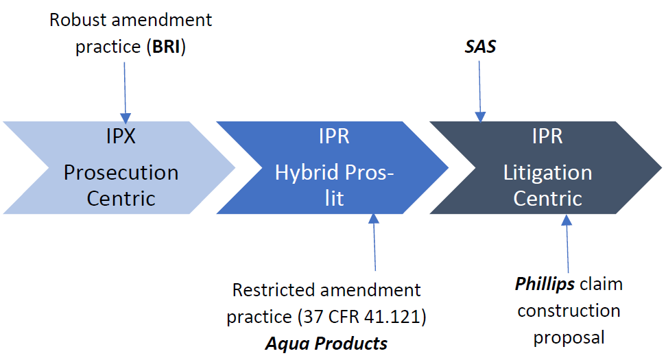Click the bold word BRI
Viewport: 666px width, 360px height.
(x=167, y=47)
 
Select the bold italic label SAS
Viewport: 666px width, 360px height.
(x=480, y=47)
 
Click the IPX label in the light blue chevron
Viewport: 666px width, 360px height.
(x=121, y=136)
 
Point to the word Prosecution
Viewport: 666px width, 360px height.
(x=121, y=173)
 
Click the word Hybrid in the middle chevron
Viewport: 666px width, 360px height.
(x=307, y=173)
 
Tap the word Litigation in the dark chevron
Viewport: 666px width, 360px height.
(x=547, y=173)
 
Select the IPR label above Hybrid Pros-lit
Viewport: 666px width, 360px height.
(x=334, y=136)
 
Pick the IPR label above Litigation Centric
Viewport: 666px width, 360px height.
(x=547, y=136)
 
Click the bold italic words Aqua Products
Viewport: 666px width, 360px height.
(x=326, y=344)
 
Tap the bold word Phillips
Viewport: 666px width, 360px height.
(x=545, y=284)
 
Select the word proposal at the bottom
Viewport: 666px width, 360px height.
(x=569, y=338)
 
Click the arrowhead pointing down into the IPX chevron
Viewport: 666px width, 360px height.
(x=126, y=118)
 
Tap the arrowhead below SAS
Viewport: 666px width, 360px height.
(x=480, y=117)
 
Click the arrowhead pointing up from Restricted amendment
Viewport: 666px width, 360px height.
(x=374, y=219)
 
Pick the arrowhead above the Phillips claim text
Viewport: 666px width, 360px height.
(x=567, y=220)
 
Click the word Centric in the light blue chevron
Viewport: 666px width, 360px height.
(x=121, y=199)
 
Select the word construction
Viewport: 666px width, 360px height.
(x=569, y=311)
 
